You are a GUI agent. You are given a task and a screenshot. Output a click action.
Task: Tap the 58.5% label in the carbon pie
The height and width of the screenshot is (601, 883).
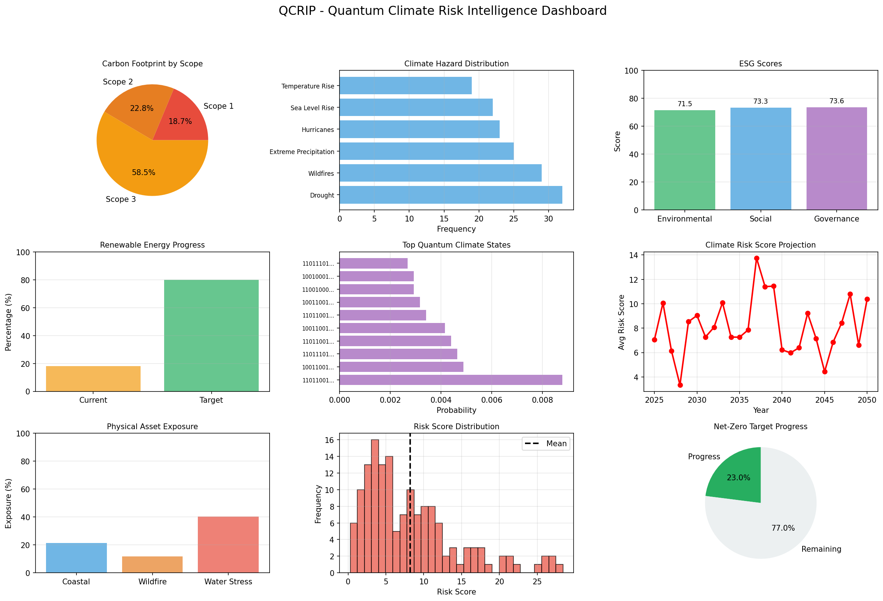(x=143, y=173)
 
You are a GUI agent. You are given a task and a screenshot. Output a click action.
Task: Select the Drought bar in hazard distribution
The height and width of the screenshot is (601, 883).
(x=451, y=195)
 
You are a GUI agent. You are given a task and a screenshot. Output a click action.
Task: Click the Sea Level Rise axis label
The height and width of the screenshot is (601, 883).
(x=312, y=108)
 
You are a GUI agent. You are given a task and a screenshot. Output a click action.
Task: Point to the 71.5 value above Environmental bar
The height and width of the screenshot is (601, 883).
(x=685, y=104)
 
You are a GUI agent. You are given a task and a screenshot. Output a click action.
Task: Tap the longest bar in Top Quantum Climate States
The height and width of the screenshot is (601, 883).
(x=451, y=380)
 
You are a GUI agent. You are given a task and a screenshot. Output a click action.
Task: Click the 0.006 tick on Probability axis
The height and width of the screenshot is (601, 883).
(x=492, y=400)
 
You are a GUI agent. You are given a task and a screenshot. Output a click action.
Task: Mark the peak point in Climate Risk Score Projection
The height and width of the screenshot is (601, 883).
(x=757, y=258)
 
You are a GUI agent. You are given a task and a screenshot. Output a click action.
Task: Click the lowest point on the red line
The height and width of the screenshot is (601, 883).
(x=680, y=385)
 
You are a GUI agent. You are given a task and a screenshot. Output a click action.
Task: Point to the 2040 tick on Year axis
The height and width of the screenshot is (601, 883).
(x=782, y=400)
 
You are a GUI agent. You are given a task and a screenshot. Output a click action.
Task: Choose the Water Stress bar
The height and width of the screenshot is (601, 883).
(x=228, y=544)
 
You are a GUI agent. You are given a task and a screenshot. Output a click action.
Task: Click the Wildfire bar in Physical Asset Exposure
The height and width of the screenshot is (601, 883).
(x=152, y=564)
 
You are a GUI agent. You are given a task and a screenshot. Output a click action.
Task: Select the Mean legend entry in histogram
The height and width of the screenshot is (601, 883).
(x=546, y=444)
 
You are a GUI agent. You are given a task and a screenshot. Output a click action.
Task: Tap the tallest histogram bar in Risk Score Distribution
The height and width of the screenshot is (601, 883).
(x=375, y=506)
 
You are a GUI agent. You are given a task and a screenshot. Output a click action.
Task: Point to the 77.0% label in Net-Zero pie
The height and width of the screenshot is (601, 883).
(x=783, y=528)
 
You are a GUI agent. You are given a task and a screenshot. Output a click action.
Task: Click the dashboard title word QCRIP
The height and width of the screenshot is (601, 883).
(x=297, y=11)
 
